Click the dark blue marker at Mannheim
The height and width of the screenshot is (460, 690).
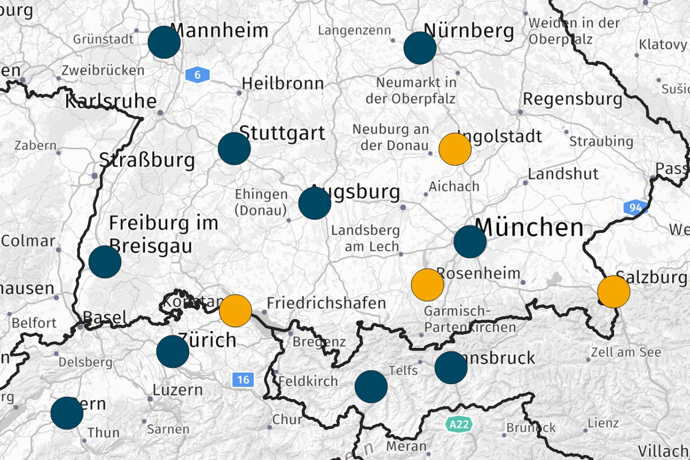[164, 42]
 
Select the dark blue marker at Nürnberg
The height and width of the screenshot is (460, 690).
[420, 48]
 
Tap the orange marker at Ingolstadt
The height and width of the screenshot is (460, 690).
[455, 149]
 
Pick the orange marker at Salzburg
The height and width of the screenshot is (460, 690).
[614, 292]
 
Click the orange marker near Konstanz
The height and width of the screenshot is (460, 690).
[236, 310]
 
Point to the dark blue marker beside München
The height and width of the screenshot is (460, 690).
[470, 242]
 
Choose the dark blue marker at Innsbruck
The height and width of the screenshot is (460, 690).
[451, 368]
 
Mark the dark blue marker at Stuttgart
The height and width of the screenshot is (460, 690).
[234, 148]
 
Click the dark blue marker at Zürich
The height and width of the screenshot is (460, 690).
[172, 352]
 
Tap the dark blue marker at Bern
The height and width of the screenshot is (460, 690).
[67, 413]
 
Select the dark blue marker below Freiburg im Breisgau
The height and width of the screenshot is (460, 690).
[105, 262]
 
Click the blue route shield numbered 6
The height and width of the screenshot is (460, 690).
[198, 74]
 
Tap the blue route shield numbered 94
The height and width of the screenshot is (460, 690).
[635, 208]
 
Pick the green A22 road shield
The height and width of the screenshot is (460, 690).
[458, 424]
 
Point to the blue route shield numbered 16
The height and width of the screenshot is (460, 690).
[243, 379]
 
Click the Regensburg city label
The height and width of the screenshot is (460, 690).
[573, 98]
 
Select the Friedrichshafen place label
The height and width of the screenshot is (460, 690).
[327, 303]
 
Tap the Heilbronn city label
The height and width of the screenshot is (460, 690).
[282, 83]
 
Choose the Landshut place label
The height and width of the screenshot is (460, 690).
[563, 173]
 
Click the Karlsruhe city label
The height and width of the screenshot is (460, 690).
[110, 102]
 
